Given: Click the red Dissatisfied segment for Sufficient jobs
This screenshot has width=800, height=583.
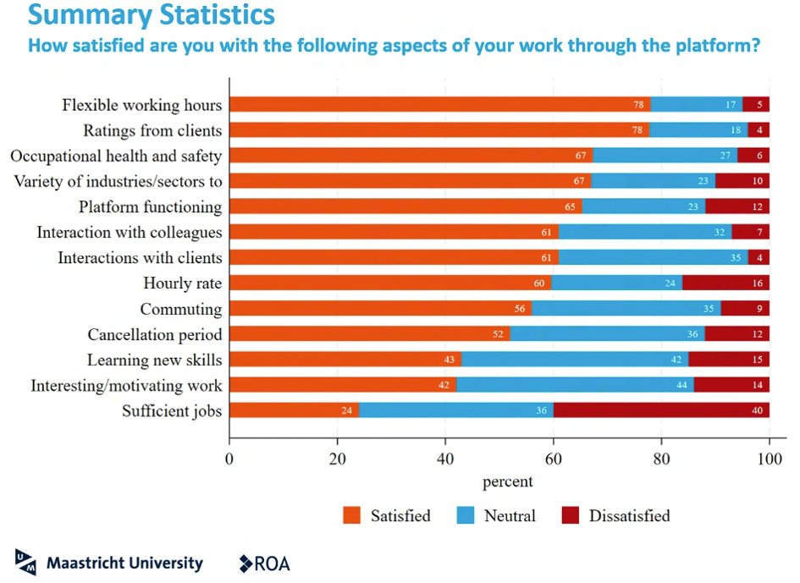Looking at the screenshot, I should (x=661, y=410).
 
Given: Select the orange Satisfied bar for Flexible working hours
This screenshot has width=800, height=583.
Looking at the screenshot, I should (x=439, y=105).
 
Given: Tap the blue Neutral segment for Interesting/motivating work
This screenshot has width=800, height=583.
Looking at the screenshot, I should (x=575, y=385).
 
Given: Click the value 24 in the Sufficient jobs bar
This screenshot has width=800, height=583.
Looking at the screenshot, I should (x=346, y=410).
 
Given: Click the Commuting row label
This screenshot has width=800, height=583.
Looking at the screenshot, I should (x=181, y=309).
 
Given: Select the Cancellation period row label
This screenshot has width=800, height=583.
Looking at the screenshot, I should (x=155, y=334).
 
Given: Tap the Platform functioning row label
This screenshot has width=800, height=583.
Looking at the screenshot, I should (x=151, y=207).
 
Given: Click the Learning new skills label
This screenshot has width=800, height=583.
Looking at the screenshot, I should (x=154, y=360).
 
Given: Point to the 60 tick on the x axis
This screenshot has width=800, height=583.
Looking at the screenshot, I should (x=553, y=460).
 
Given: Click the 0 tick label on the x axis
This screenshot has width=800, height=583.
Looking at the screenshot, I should (x=229, y=460).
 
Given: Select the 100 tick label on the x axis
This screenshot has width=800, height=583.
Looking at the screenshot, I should (x=769, y=460).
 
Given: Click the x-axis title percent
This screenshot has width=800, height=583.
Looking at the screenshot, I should (x=508, y=481).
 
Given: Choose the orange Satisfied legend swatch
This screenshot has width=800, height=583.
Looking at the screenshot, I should (x=352, y=515).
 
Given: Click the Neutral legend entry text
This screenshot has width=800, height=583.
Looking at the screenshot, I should (x=510, y=515).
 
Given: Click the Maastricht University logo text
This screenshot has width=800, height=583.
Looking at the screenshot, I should (x=124, y=563).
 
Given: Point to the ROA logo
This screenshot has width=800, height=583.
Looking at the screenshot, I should (x=265, y=564).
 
